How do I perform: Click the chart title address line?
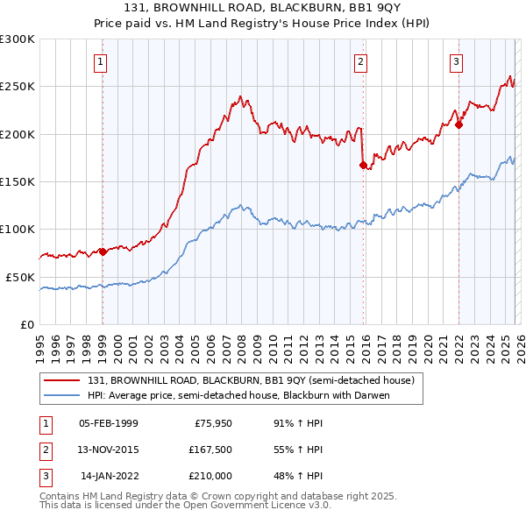tap(262, 8)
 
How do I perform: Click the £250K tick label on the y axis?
tap(18, 87)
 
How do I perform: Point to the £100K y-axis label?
tap(18, 229)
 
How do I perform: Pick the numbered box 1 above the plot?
tap(102, 61)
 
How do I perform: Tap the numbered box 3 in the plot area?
tap(457, 61)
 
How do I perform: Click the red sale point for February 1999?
tap(103, 251)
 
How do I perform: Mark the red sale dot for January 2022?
tap(458, 124)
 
